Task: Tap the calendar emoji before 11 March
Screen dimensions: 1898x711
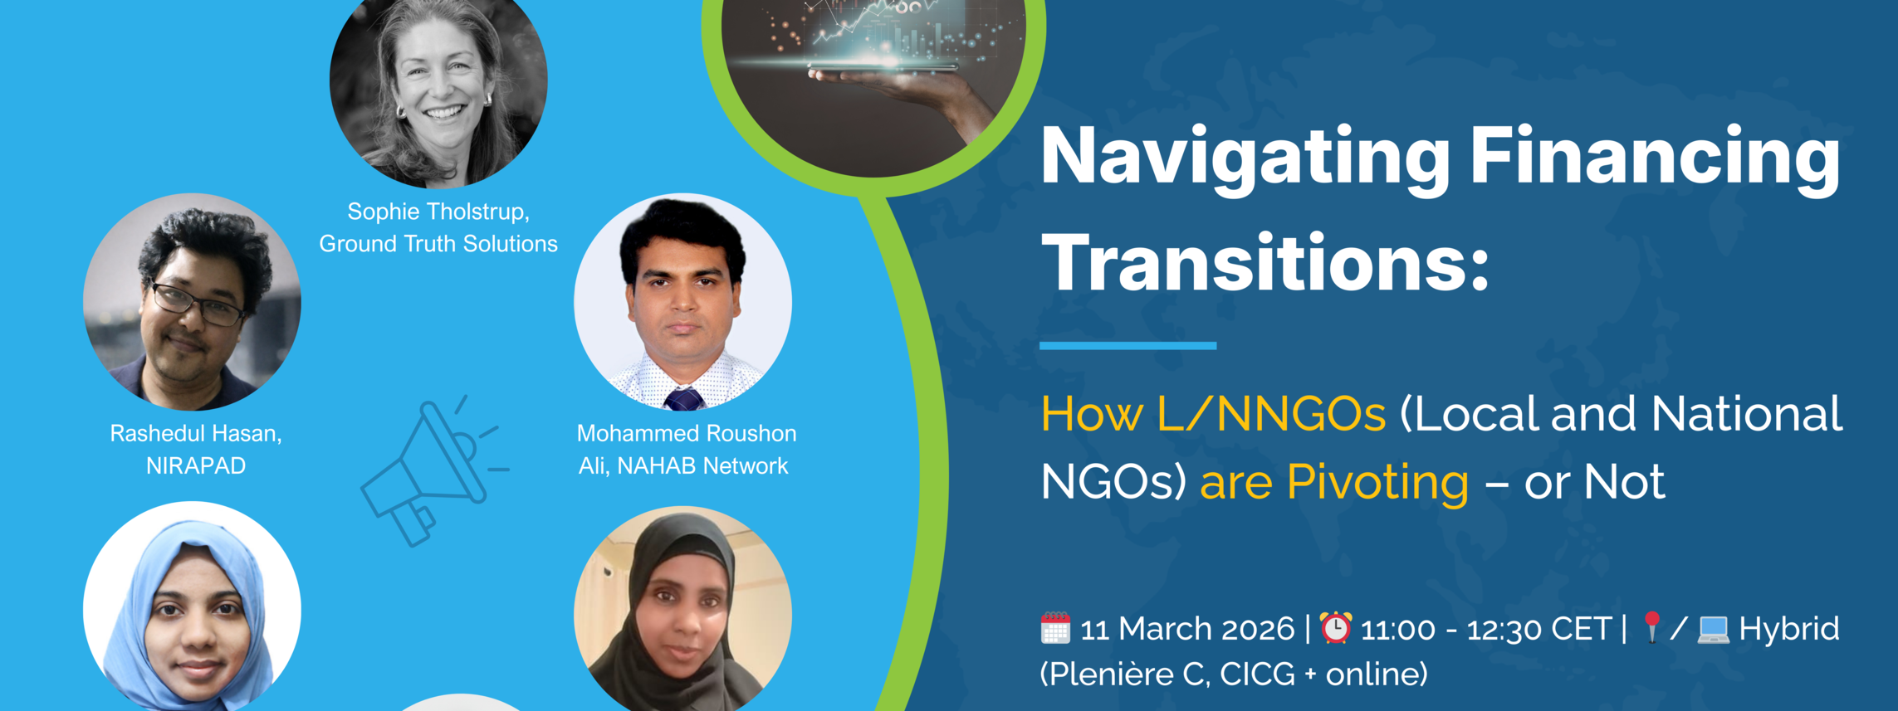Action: [x=1055, y=628]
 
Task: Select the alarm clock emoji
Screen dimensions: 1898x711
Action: [x=1336, y=627]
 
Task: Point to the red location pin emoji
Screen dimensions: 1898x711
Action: [x=1651, y=627]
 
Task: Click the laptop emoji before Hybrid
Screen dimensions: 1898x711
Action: [x=1713, y=629]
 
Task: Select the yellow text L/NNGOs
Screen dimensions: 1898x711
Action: [x=1271, y=414]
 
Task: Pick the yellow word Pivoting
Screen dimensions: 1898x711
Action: [x=1377, y=483]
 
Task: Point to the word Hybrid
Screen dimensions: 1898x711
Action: [x=1789, y=629]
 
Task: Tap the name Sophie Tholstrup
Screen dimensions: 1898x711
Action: [x=438, y=212]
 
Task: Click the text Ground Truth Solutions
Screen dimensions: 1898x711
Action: [x=438, y=244]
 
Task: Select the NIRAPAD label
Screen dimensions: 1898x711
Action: [x=196, y=466]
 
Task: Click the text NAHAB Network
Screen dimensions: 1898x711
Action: [x=702, y=466]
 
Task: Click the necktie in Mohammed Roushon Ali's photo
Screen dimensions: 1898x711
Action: [x=684, y=399]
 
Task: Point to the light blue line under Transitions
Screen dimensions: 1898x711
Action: [x=1128, y=345]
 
